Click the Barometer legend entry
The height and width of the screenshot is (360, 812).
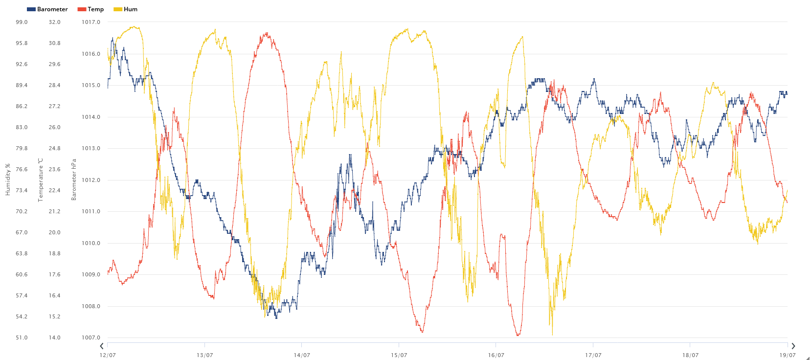tap(47, 9)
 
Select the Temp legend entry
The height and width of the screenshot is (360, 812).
tap(91, 9)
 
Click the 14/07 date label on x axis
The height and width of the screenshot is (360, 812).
tap(302, 355)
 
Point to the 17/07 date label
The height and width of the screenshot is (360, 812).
tap(593, 355)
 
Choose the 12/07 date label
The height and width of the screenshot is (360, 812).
tap(108, 355)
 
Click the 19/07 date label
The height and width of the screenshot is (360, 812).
tap(788, 355)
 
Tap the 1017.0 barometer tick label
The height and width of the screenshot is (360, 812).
tap(91, 22)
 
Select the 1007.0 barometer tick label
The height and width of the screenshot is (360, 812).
tap(91, 337)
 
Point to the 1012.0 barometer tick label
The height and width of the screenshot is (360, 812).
tap(91, 180)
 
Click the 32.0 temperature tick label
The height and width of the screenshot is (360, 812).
tap(55, 22)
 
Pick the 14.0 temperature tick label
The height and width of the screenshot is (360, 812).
tap(55, 337)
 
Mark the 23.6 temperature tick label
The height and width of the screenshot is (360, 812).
tap(55, 169)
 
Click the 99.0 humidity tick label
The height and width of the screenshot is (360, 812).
tap(22, 22)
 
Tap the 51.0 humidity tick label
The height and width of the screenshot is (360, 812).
tap(22, 337)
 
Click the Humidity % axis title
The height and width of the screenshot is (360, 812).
tap(8, 180)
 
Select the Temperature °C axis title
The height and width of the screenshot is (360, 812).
tap(41, 180)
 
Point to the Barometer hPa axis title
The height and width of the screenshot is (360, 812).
tap(74, 180)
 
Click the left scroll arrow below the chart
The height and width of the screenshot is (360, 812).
tap(102, 346)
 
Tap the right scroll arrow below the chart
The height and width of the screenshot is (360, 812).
tap(793, 346)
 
